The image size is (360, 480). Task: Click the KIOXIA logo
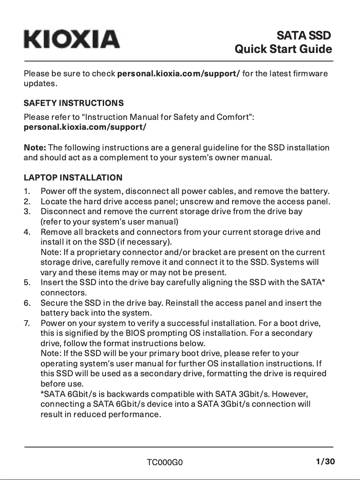(72, 40)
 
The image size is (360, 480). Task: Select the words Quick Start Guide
(283, 49)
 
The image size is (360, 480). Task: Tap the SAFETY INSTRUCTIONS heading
(74, 103)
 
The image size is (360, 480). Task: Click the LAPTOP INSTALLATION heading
(73, 178)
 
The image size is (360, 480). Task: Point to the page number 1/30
(325, 462)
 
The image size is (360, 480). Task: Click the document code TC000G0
(165, 462)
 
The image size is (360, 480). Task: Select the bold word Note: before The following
(35, 148)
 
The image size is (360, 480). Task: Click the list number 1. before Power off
(27, 191)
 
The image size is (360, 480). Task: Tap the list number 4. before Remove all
(27, 232)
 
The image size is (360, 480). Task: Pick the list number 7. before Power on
(27, 323)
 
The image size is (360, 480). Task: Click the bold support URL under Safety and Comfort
(85, 127)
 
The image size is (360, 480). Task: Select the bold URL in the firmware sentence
(178, 74)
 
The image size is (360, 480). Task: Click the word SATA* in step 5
(313, 282)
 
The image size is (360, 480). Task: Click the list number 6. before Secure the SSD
(27, 303)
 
